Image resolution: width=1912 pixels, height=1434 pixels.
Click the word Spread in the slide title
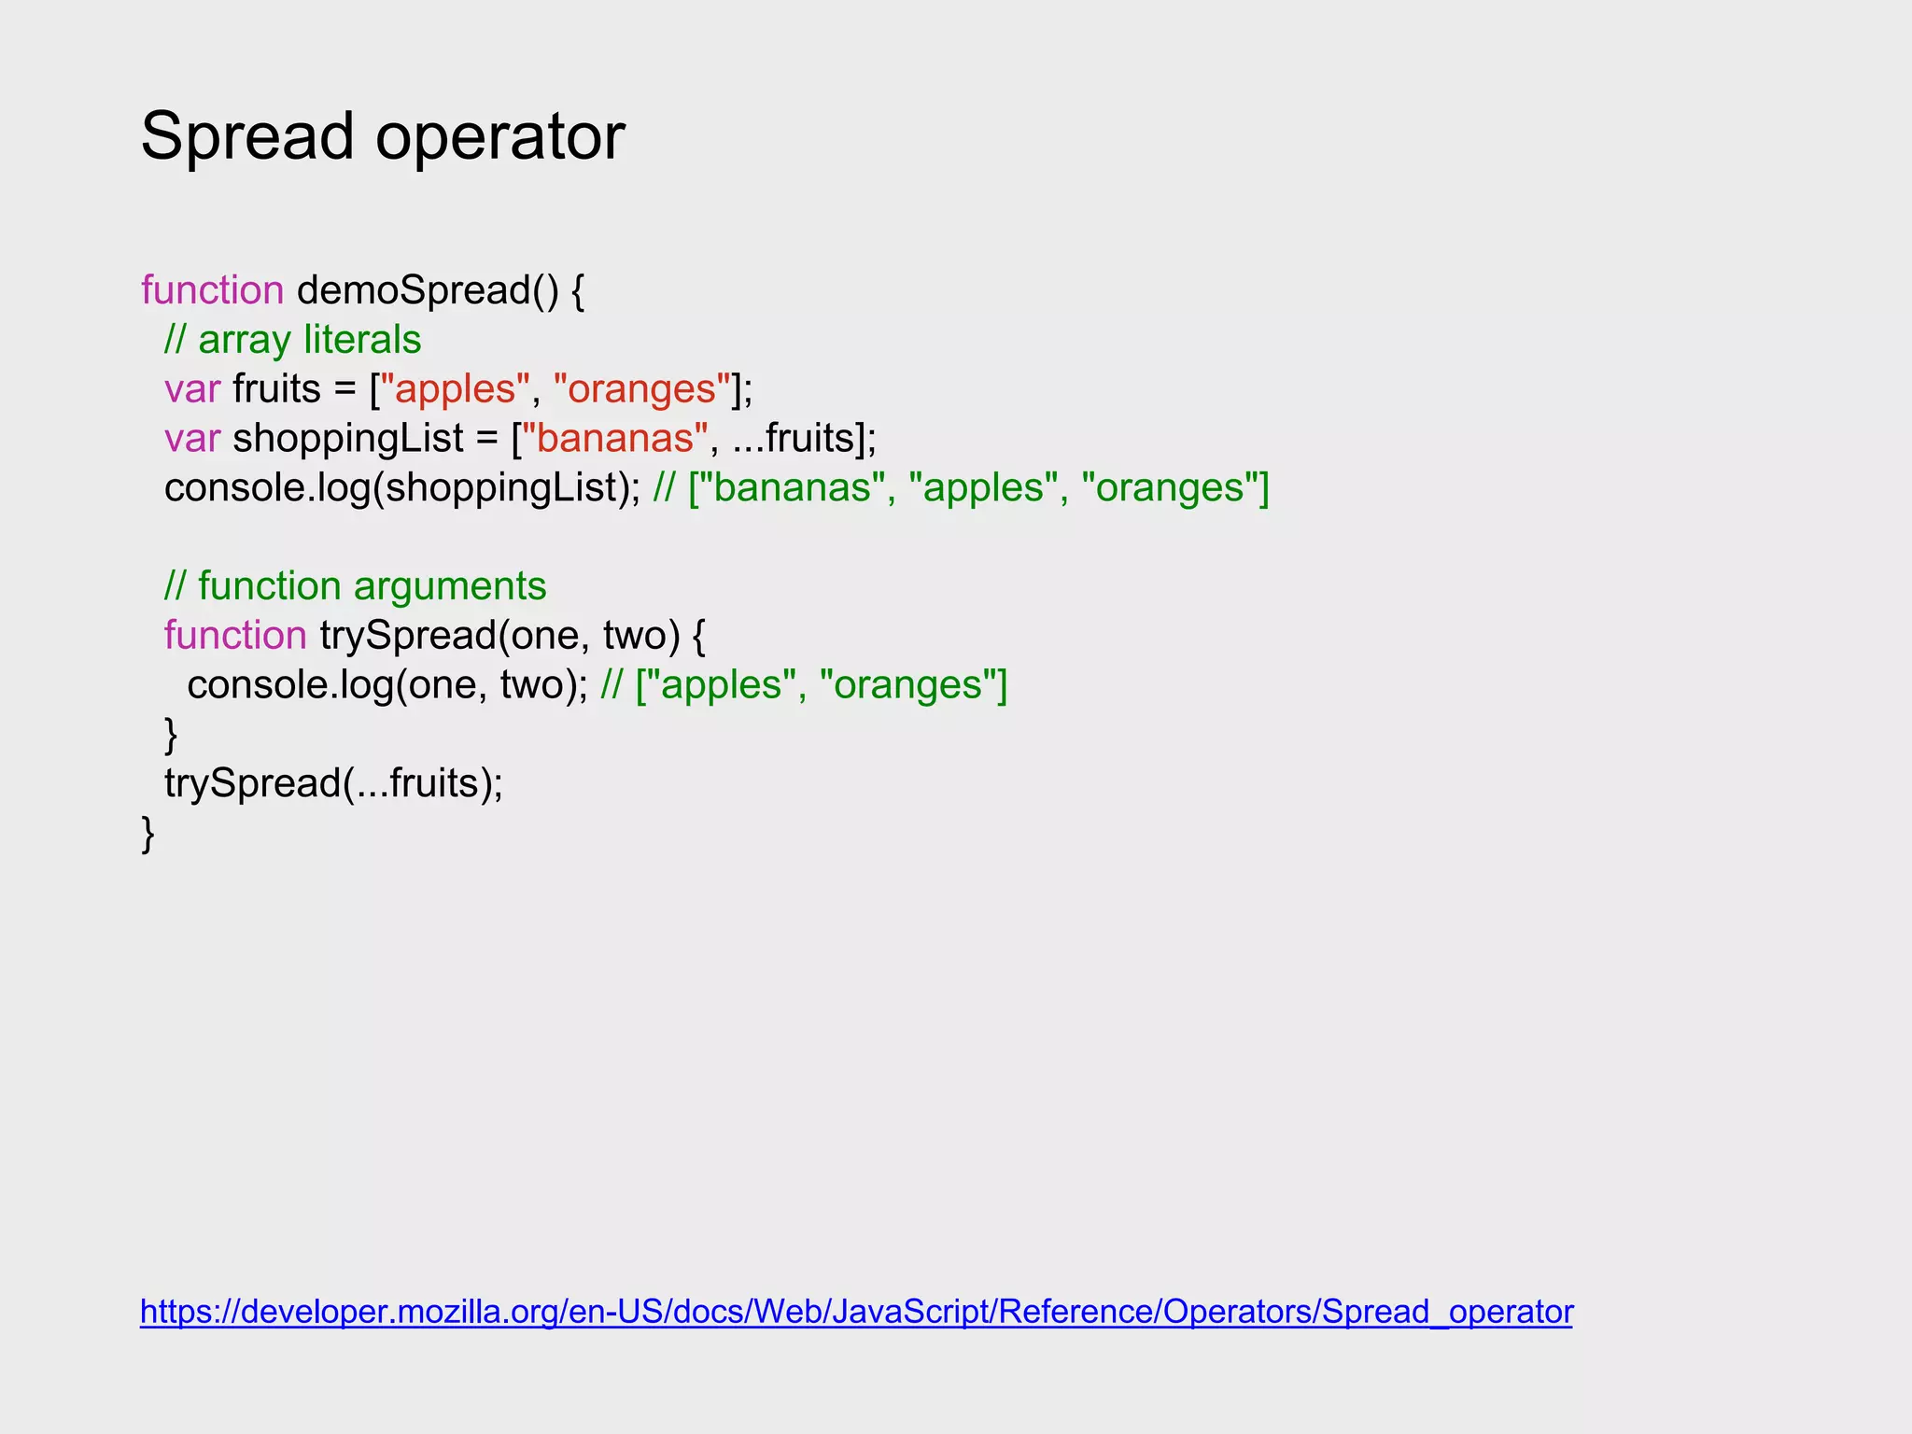[247, 136]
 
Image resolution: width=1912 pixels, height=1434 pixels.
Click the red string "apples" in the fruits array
[456, 389]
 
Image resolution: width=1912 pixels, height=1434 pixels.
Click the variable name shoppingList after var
[348, 439]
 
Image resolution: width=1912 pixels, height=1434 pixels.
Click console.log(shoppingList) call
[401, 488]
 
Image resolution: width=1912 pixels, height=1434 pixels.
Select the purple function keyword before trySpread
[235, 636]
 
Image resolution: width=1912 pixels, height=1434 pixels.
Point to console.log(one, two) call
[387, 685]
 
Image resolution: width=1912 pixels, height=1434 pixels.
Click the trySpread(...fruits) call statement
[333, 783]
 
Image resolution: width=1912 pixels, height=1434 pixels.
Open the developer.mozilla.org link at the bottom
[856, 1312]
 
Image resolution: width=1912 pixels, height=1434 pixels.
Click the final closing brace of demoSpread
[148, 833]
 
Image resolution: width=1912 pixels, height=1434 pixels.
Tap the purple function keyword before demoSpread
[212, 290]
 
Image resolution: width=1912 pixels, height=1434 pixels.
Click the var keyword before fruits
[192, 389]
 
